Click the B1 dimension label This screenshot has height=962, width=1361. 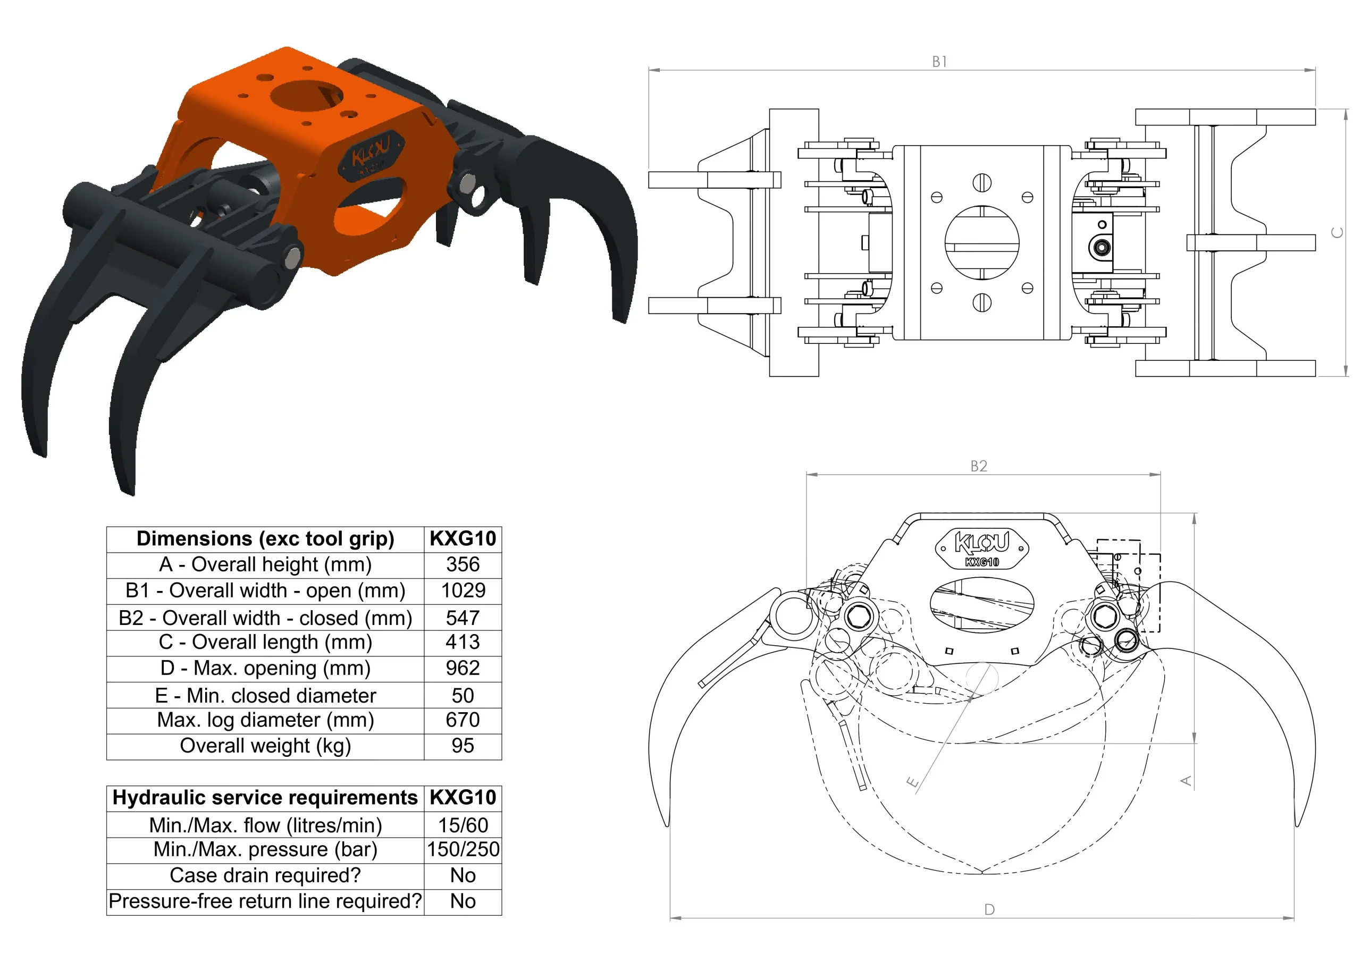click(x=939, y=62)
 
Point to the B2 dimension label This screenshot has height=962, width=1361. click(x=979, y=467)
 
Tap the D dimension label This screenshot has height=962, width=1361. click(x=989, y=909)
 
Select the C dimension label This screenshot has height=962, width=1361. click(x=1337, y=232)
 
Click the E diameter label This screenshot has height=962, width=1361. click(x=913, y=782)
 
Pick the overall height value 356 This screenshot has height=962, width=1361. click(x=463, y=564)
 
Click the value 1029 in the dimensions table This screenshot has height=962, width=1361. click(x=463, y=590)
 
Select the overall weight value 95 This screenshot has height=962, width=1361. click(x=463, y=746)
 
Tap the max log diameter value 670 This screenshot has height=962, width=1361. click(x=463, y=720)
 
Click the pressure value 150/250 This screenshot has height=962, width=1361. click(x=463, y=849)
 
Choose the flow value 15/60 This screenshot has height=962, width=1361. click(x=463, y=825)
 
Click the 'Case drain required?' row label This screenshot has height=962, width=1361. click(x=265, y=875)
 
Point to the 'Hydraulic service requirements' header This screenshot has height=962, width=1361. click(x=265, y=798)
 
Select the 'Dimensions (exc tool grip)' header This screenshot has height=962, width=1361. click(x=265, y=538)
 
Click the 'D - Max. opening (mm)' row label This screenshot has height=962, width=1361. click(x=265, y=668)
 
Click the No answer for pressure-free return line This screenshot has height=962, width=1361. click(x=463, y=901)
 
